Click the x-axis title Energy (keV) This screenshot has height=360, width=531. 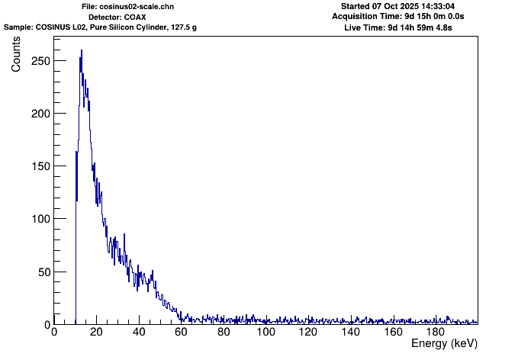pyautogui.click(x=444, y=345)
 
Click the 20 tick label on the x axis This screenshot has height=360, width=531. pyautogui.click(x=96, y=333)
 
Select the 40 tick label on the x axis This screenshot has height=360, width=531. pyautogui.click(x=138, y=333)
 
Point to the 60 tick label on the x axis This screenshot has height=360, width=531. pyautogui.click(x=181, y=333)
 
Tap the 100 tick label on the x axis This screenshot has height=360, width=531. pyautogui.click(x=265, y=333)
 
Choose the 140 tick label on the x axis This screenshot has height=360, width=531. pyautogui.click(x=350, y=333)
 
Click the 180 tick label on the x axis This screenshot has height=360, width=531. pyautogui.click(x=435, y=333)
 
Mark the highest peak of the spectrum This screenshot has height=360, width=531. pyautogui.click(x=82, y=51)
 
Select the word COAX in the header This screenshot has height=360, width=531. pyautogui.click(x=135, y=16)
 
